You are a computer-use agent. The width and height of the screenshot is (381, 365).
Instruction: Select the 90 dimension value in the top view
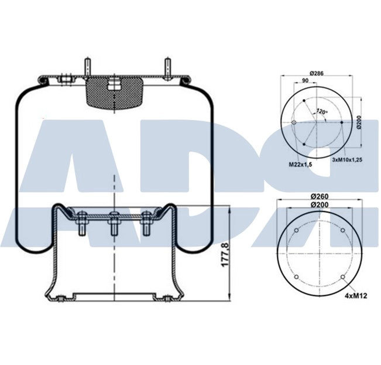[305, 81]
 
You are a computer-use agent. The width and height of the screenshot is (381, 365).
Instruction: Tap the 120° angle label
[321, 111]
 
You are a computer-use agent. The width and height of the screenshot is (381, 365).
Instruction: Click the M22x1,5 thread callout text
[300, 165]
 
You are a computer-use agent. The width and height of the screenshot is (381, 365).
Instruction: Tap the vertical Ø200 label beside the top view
[359, 122]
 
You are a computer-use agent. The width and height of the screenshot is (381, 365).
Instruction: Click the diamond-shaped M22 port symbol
[294, 122]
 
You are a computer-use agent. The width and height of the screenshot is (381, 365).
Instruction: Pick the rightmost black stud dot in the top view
[341, 122]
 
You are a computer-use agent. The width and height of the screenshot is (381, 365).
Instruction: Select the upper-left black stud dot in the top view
[305, 102]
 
